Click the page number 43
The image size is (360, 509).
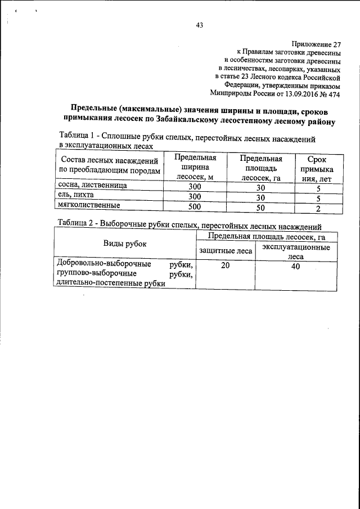[x=199, y=24]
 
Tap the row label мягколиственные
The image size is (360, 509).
[x=84, y=206]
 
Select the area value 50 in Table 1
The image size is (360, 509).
[x=260, y=208]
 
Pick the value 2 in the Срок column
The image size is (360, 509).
[x=318, y=208]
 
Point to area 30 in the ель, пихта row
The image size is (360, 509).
[x=260, y=197]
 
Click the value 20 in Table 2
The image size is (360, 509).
[x=226, y=266]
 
